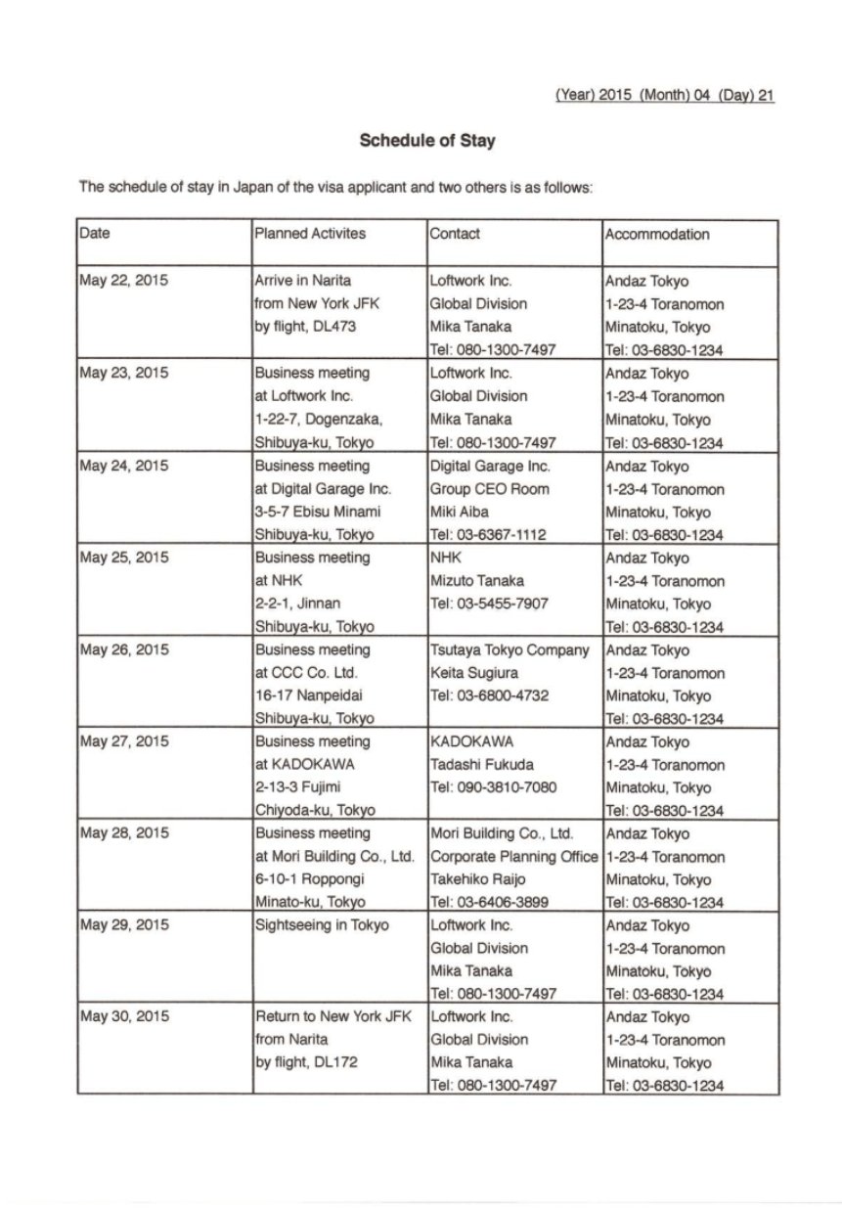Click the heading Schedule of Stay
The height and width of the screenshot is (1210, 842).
(427, 141)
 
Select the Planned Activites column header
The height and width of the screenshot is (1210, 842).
(309, 234)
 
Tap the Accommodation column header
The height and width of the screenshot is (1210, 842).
(657, 234)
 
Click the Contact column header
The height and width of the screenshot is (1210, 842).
(455, 234)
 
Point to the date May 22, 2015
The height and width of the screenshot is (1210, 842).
(123, 281)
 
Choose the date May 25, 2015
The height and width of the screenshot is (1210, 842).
(123, 558)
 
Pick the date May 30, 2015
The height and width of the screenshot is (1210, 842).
(123, 1017)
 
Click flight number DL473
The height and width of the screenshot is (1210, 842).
(337, 327)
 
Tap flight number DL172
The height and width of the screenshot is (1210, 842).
(337, 1062)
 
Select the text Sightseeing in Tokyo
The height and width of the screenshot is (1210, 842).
(321, 925)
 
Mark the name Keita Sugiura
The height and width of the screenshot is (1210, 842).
(476, 673)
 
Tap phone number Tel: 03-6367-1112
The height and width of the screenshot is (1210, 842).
(489, 535)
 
